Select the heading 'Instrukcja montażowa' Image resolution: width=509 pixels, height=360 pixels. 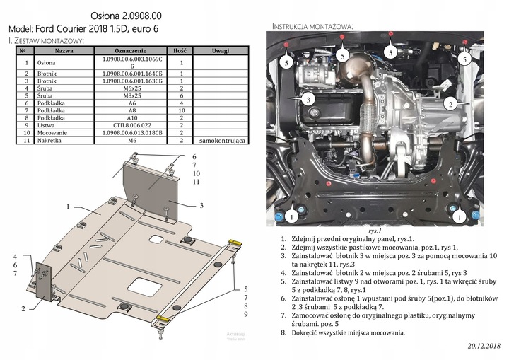pyautogui.click(x=312, y=26)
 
